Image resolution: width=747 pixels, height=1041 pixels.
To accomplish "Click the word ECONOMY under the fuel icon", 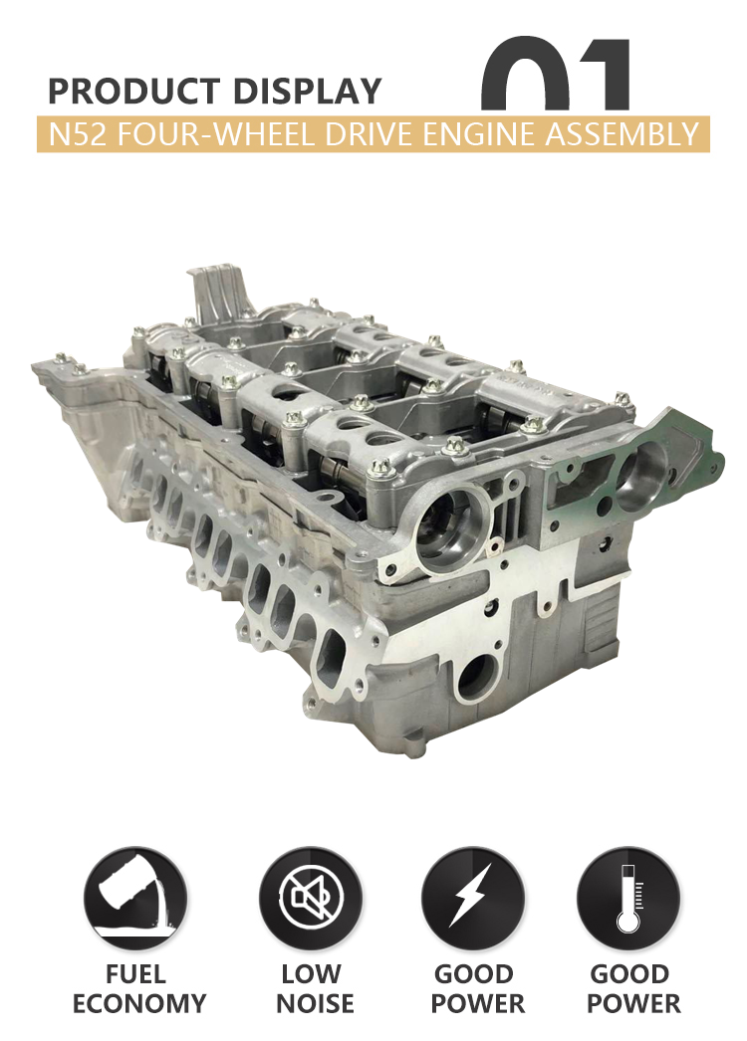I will click(x=139, y=1003).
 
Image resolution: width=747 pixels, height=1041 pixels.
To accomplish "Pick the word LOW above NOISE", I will click(x=311, y=972).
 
